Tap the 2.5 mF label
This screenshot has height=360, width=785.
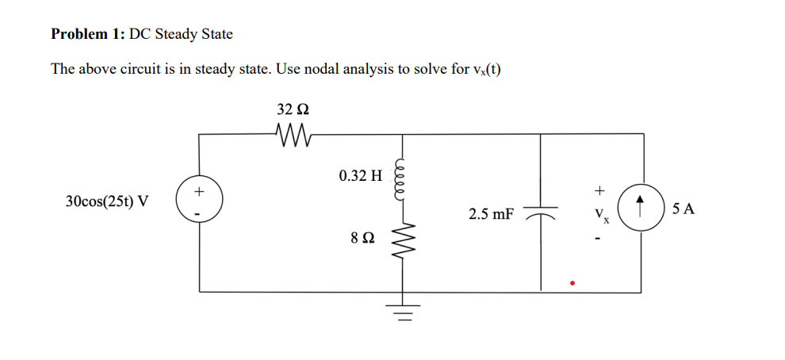pos(491,214)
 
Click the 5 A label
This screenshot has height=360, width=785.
pos(683,209)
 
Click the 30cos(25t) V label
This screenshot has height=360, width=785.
pos(107,201)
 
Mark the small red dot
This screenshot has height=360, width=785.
pos(571,282)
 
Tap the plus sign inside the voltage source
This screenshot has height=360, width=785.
pos(199,192)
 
